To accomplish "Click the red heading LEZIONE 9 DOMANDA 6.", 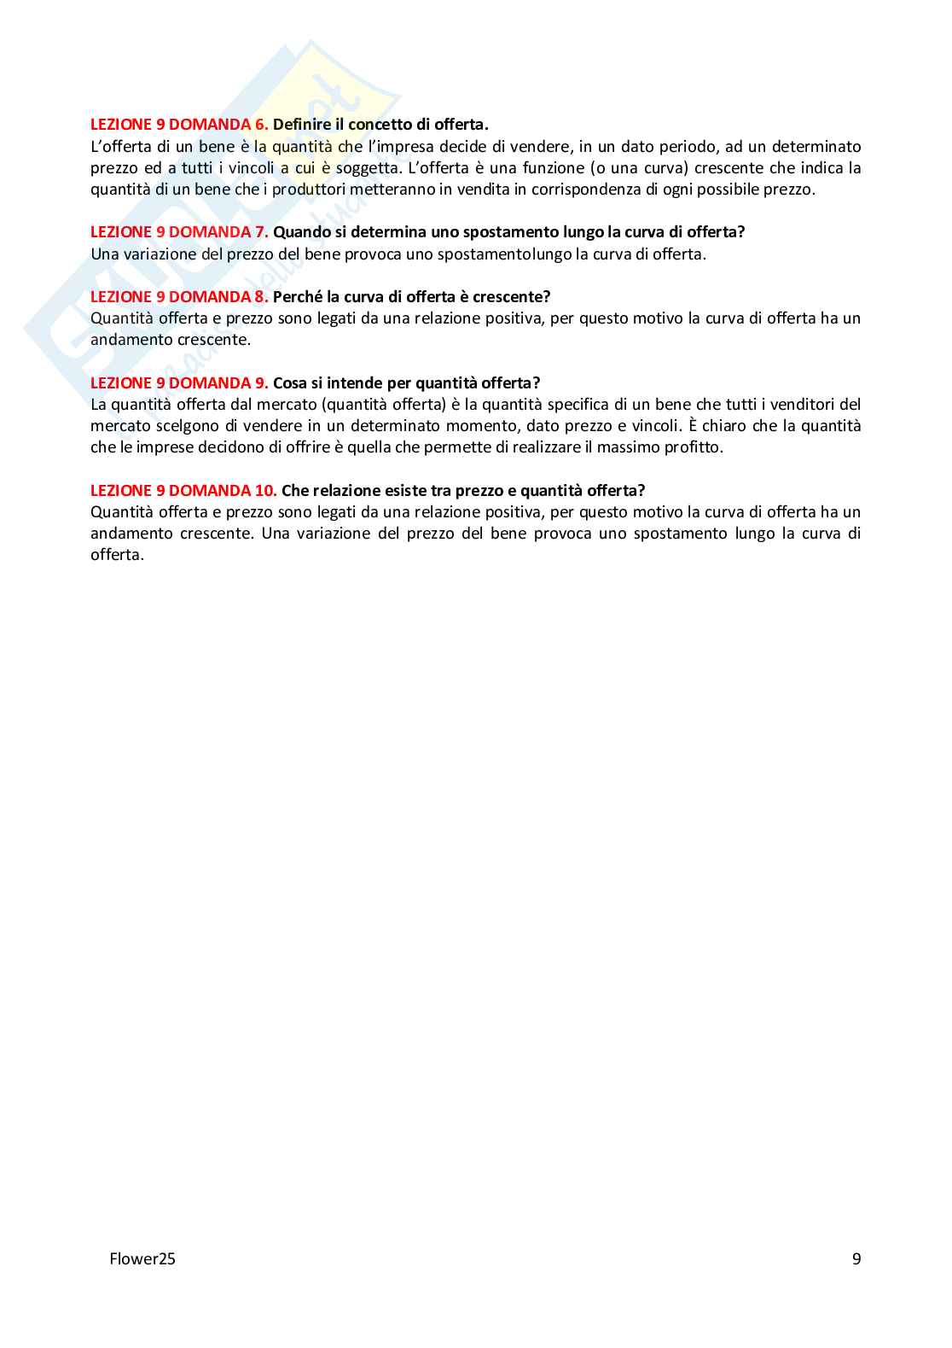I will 179,125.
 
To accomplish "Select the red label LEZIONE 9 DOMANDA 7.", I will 179,232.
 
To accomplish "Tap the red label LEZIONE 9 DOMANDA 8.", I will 179,297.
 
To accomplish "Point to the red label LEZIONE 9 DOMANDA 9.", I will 179,383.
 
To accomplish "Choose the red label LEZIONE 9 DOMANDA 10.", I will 183,491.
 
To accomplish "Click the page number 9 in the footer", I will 856,1258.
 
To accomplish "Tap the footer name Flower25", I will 142,1258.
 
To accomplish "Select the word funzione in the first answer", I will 552,168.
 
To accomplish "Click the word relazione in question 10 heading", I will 346,491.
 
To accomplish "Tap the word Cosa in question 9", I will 289,383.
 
